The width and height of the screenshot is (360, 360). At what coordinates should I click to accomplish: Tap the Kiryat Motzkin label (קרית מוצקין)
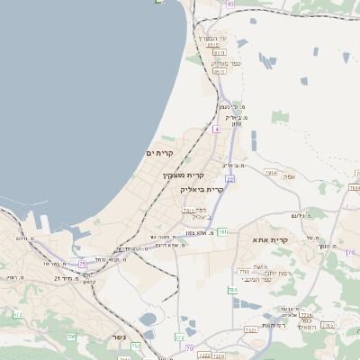[x=184, y=175]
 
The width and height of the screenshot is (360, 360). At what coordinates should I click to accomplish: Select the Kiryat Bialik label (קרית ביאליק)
[x=201, y=190]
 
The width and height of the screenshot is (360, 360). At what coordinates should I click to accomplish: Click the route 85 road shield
[x=230, y=4]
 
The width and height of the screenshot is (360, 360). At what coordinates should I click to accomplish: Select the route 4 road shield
[x=216, y=130]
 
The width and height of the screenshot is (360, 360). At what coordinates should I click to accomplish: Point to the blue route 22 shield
[x=230, y=180]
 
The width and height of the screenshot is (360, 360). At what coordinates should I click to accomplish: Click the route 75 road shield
[x=82, y=264]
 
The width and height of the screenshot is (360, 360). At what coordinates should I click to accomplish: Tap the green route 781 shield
[x=221, y=232]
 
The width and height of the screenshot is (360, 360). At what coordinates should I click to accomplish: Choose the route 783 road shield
[x=232, y=290]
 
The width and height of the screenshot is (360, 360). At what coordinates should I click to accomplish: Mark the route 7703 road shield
[x=243, y=271]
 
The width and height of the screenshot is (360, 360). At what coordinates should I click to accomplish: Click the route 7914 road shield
[x=271, y=171]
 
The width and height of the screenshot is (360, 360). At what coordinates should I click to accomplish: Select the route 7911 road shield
[x=188, y=210]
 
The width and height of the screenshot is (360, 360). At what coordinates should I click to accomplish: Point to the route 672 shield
[x=18, y=315]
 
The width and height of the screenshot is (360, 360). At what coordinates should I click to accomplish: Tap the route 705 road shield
[x=71, y=337]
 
